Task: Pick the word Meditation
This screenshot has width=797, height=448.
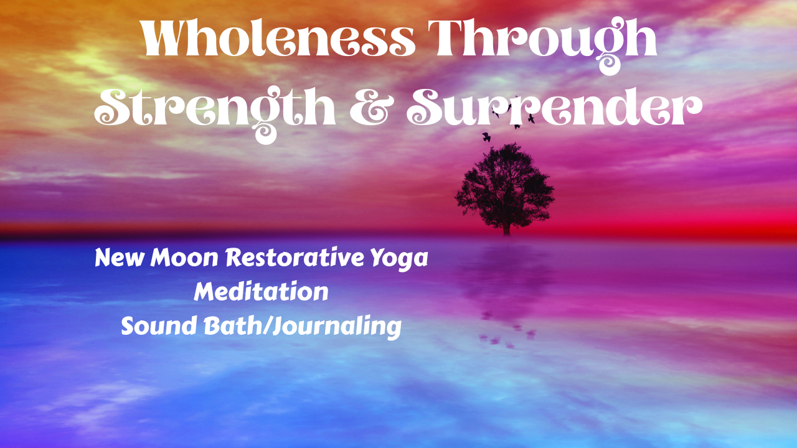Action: [261, 291]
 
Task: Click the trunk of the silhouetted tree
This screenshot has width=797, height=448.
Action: [506, 226]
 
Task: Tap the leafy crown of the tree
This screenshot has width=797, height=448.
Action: [504, 184]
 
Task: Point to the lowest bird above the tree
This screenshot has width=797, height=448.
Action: [486, 137]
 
